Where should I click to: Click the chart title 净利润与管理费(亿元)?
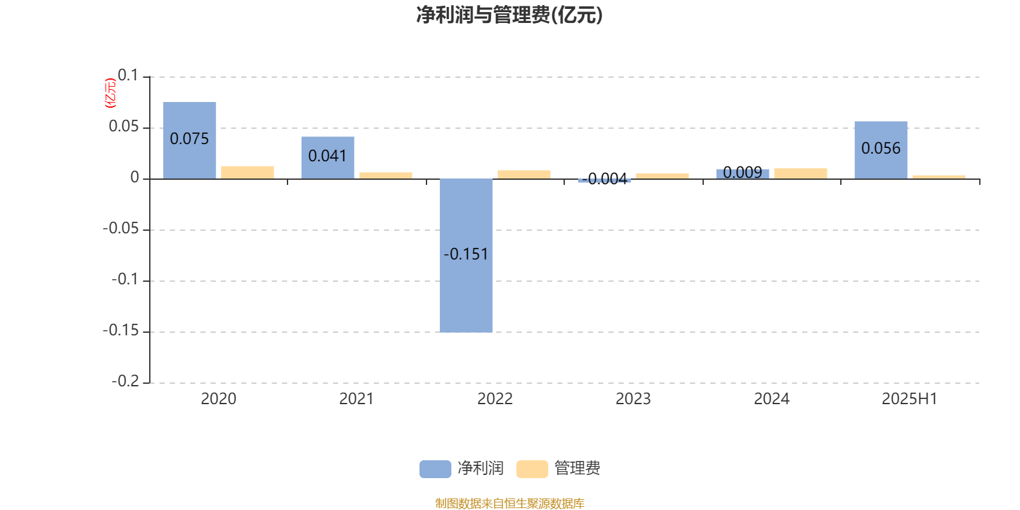tap(509, 15)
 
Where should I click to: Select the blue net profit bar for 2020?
tap(189, 140)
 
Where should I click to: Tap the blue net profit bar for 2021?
tap(328, 157)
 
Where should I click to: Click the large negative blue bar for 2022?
tap(466, 256)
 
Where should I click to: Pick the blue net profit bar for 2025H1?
tap(880, 150)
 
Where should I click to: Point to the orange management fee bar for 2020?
tap(248, 173)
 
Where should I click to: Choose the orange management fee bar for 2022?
tap(524, 175)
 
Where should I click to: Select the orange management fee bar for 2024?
tap(801, 173)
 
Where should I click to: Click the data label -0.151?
tap(466, 254)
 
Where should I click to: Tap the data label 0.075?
tap(189, 139)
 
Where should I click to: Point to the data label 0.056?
tap(880, 149)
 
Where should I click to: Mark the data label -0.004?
tap(605, 179)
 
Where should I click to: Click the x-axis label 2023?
tap(633, 399)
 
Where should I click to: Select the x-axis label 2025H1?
tap(909, 399)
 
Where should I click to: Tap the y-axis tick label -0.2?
tap(125, 381)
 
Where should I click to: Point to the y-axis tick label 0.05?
tap(124, 127)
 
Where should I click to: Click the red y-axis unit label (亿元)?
tap(111, 93)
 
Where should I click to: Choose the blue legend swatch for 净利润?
tap(435, 469)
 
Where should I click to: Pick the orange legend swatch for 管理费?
tap(532, 469)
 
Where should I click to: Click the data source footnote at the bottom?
tap(509, 503)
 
